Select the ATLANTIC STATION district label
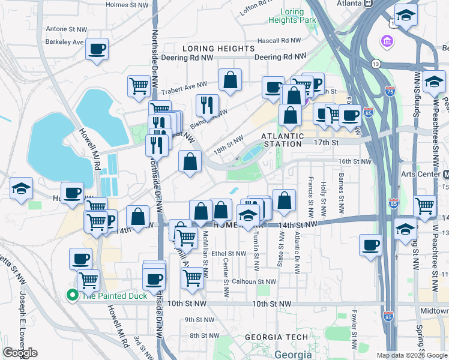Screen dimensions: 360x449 click(282, 139)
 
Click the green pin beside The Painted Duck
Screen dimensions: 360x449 click(72, 295)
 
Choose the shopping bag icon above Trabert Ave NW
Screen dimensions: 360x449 click(230, 80)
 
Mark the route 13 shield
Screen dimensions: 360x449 click(376, 63)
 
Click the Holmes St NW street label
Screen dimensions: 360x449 click(127, 5)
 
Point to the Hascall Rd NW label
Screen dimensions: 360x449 click(278, 40)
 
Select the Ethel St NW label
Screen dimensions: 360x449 click(225, 253)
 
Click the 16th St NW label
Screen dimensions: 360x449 click(356, 161)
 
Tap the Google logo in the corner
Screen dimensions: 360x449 click(20, 353)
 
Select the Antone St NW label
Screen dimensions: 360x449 click(68, 28)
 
